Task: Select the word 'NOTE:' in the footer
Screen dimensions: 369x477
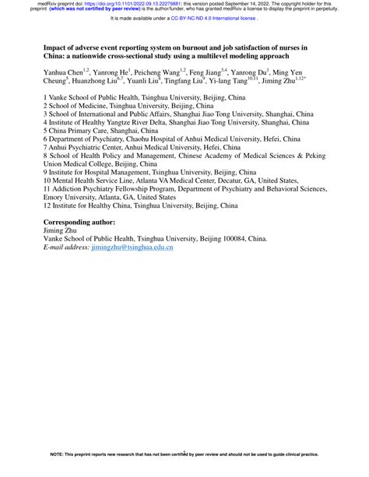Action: pos(58,472)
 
